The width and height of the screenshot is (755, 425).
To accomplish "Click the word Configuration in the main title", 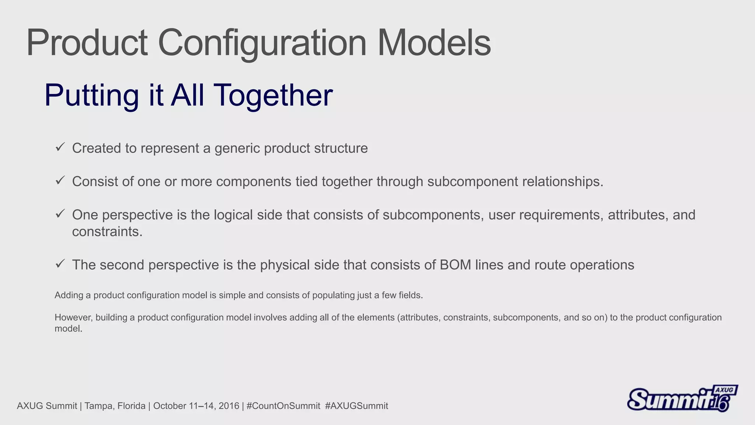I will tap(262, 44).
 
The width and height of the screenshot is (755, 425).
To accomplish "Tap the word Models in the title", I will tap(434, 44).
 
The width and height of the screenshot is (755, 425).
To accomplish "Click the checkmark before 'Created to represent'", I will tap(60, 147).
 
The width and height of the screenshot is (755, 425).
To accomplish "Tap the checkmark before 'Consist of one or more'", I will tap(60, 180).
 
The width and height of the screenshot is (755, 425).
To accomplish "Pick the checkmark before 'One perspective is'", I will tap(60, 214).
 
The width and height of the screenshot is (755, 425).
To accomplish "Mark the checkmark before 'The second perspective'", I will tap(60, 264).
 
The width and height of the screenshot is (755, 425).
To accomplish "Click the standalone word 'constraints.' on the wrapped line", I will tap(107, 232).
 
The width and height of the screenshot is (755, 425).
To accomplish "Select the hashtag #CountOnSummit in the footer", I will tap(283, 406).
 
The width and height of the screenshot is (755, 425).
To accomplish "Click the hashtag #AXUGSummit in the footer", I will tap(356, 406).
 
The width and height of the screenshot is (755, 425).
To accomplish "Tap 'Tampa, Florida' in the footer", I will tap(115, 406).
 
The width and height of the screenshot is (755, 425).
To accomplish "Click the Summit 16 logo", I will tap(682, 399).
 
